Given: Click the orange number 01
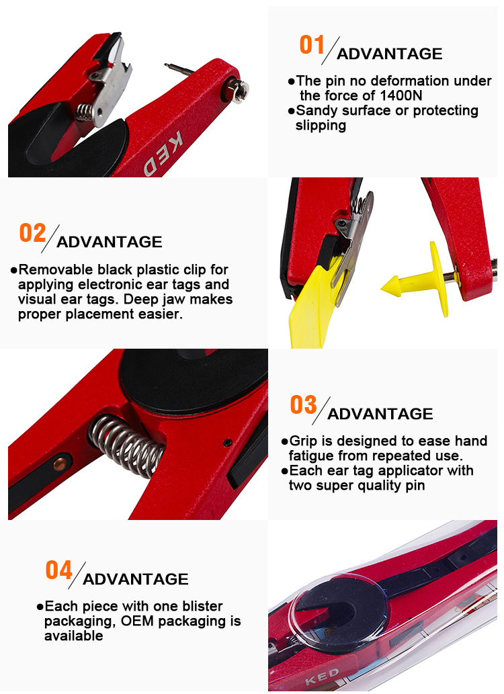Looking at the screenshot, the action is pyautogui.click(x=312, y=45).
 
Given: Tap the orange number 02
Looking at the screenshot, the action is pyautogui.click(x=32, y=233).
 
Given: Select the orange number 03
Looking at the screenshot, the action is pyautogui.click(x=303, y=404).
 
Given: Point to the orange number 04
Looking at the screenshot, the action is pyautogui.click(x=59, y=570).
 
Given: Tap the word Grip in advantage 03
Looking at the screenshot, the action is pyautogui.click(x=304, y=441).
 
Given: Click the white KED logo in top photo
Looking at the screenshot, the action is pyautogui.click(x=163, y=153).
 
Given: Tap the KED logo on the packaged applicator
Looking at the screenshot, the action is pyautogui.click(x=322, y=677).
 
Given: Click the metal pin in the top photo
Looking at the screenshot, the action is pyautogui.click(x=179, y=69).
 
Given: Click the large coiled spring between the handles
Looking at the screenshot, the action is pyautogui.click(x=126, y=445).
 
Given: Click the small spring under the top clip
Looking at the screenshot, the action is pyautogui.click(x=85, y=112).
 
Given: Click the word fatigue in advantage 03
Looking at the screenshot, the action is pyautogui.click(x=312, y=456).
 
